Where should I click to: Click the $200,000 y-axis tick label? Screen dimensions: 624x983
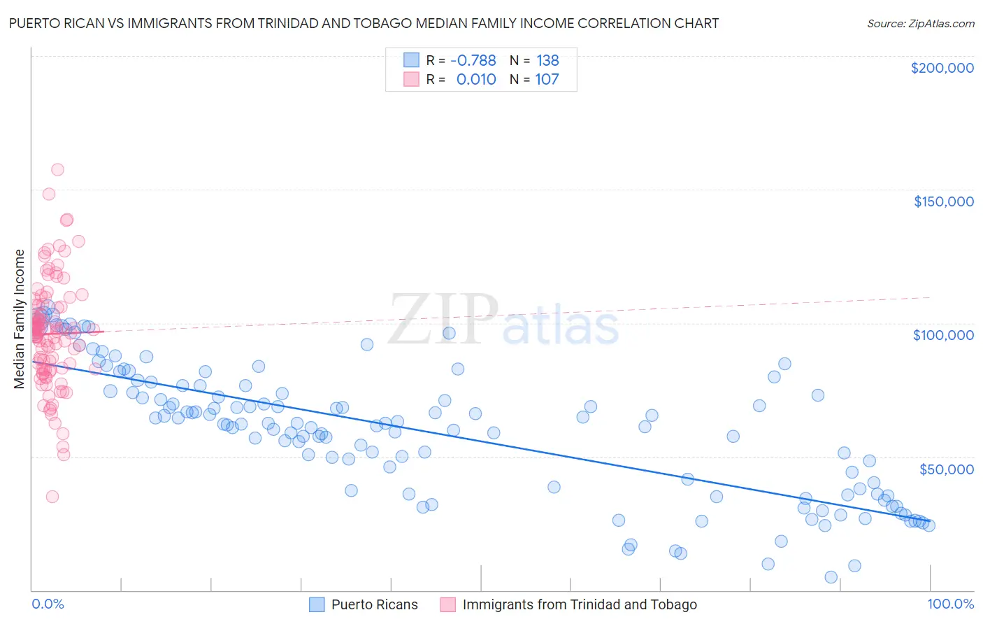(942, 68)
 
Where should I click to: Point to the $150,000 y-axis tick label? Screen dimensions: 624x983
(943, 201)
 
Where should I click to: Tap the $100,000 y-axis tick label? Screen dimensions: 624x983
(943, 335)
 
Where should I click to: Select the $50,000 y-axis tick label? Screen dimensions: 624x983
(946, 469)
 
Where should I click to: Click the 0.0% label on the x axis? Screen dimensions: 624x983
(48, 604)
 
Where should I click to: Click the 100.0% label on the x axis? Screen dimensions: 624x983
(950, 604)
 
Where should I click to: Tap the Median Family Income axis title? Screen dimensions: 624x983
(19, 319)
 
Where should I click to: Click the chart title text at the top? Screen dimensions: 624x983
(364, 23)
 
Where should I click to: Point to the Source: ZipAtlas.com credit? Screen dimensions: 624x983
(920, 23)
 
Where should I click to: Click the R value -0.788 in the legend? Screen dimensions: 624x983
(473, 61)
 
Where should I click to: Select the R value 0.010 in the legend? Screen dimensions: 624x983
(475, 80)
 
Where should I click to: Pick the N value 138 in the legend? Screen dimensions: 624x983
(547, 61)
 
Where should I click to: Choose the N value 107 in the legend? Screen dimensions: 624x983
(547, 80)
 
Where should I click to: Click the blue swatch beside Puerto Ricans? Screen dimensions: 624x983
(317, 604)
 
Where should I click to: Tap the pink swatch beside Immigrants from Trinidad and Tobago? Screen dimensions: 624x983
(447, 604)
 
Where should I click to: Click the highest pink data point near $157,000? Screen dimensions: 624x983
(57, 169)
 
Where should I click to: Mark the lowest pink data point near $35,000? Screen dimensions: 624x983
(52, 497)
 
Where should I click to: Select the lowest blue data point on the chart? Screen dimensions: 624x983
(831, 577)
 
